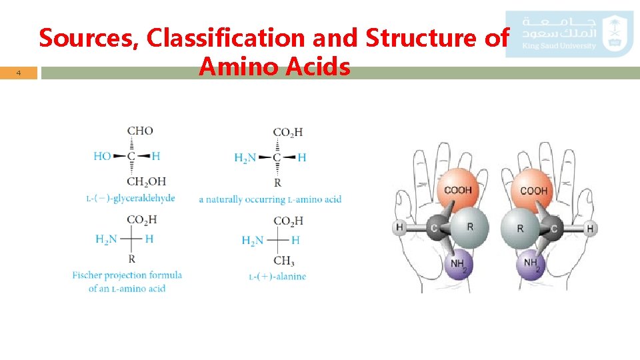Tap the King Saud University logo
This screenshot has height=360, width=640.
[x=569, y=33]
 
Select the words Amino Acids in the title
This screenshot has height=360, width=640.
[x=274, y=66]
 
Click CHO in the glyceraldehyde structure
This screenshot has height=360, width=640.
[x=139, y=131]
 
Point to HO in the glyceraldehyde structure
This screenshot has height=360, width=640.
[x=103, y=156]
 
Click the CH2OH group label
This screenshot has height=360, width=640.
[x=146, y=181]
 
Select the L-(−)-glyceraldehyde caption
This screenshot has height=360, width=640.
[x=131, y=198]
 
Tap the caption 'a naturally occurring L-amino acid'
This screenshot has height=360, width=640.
[x=270, y=199]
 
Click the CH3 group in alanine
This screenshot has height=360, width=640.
[x=284, y=261]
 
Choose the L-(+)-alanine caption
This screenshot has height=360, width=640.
[x=277, y=276]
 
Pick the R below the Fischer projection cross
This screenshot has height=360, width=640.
[x=132, y=259]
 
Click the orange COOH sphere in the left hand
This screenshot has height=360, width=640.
[x=457, y=190]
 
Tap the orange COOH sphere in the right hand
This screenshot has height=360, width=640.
[x=533, y=190]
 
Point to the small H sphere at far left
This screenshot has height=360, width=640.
[x=399, y=228]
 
